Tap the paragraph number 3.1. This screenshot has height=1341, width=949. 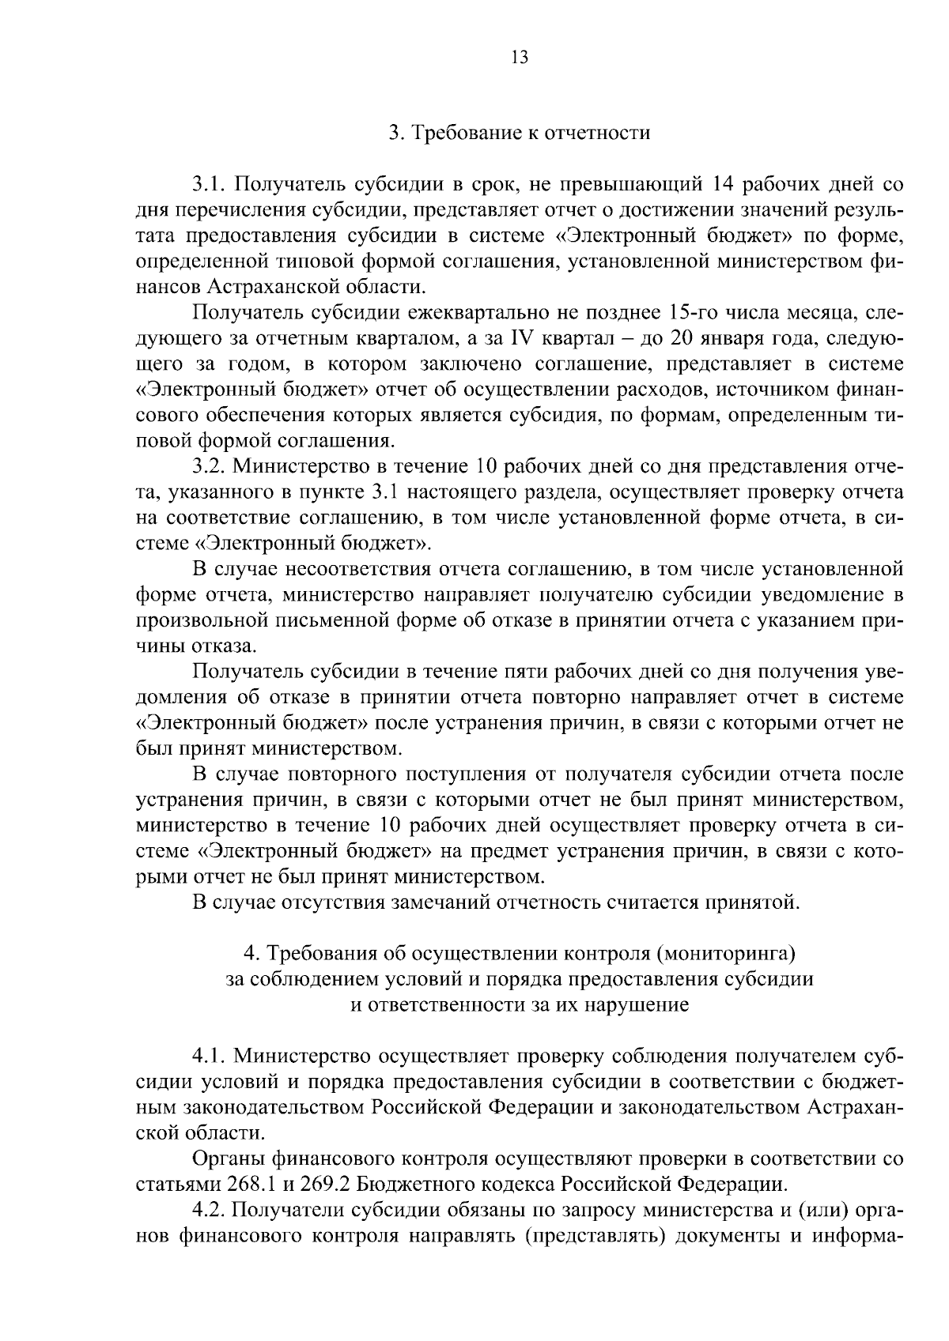[x=210, y=185]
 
